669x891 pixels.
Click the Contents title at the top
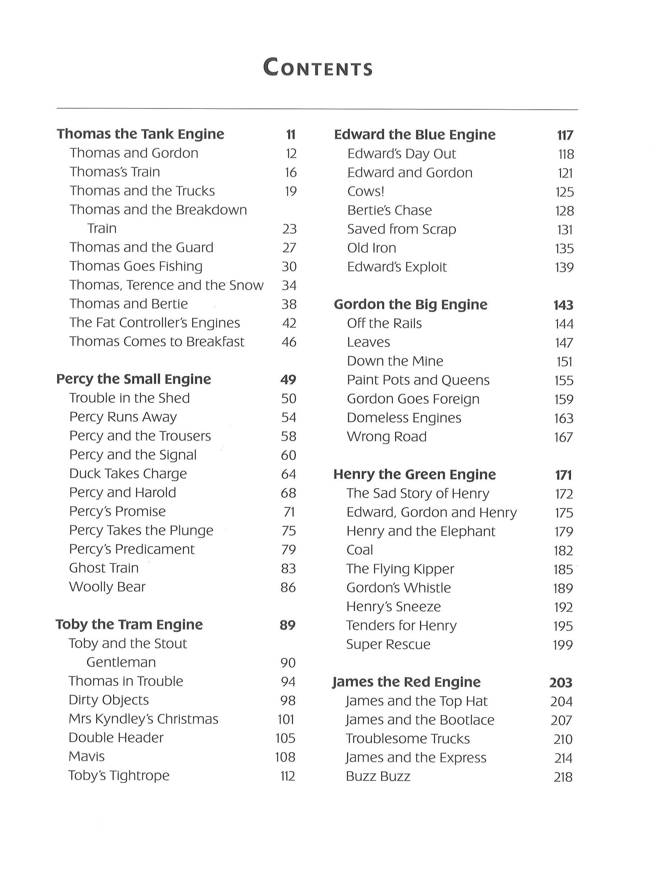pos(318,69)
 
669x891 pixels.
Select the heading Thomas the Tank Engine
pos(140,134)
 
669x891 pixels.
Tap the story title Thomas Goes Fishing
pos(136,266)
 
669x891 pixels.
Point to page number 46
pos(289,342)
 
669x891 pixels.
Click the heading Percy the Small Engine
pos(134,379)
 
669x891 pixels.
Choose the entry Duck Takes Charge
pos(128,474)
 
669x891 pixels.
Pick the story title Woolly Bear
pos(107,587)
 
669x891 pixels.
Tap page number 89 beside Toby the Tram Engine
pos(288,625)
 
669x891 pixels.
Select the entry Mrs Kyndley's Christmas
pos(144,719)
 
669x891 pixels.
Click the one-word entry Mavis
pos(87,757)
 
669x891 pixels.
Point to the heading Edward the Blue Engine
pos(415,135)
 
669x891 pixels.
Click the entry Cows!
pos(366,192)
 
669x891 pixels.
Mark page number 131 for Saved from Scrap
pos(565,230)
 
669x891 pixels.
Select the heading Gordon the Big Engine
pos(411,305)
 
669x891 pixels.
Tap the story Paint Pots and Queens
pos(418,380)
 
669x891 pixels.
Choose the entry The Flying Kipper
pos(400,569)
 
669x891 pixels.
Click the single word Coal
pos(359,550)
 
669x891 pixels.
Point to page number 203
pos(561,683)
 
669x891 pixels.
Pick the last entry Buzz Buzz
pos(378,777)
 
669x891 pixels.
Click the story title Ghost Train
pos(104,568)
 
